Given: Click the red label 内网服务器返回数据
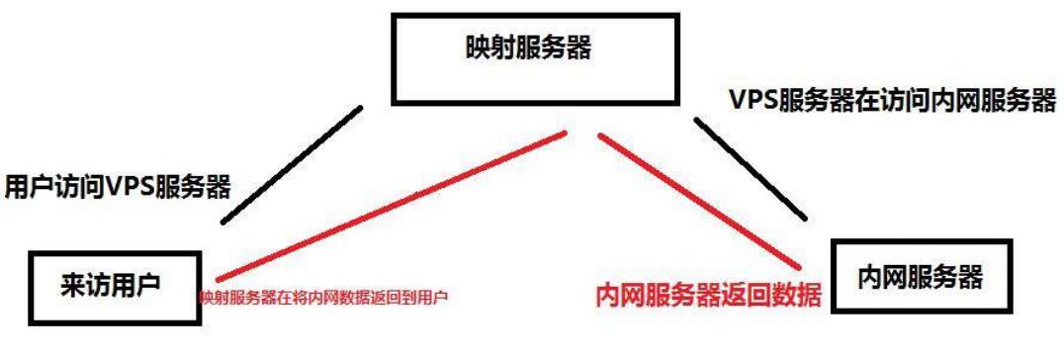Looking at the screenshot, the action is tap(707, 296).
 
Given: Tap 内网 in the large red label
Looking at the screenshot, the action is tap(616, 296).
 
